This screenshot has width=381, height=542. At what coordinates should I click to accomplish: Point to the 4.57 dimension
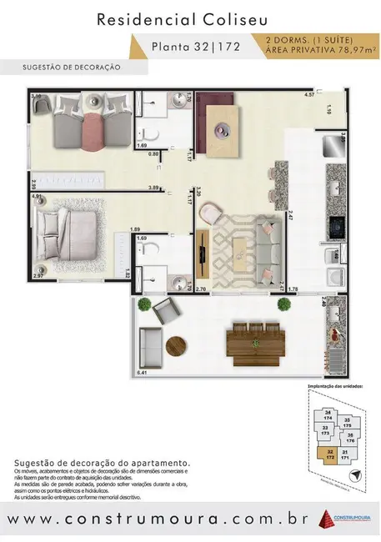[x=308, y=95]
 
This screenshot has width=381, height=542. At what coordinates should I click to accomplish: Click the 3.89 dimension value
[x=153, y=188]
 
